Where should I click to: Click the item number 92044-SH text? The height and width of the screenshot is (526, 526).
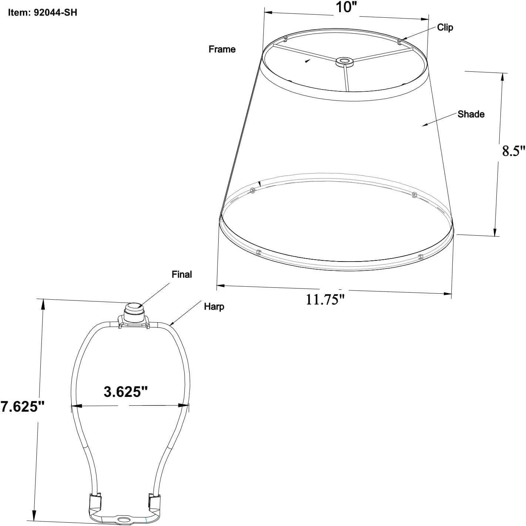pos(43,12)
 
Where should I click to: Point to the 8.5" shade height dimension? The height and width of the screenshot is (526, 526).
pos(513,151)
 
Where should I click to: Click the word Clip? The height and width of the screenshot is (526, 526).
pos(445,27)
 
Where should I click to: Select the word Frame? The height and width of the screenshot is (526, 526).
pos(222,49)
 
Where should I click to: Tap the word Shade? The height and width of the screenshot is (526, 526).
pos(471,114)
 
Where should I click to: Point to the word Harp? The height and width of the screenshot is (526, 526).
pos(214,306)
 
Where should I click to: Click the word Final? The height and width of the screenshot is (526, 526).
pos(182,274)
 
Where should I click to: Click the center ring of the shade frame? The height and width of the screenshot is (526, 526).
pos(344,61)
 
